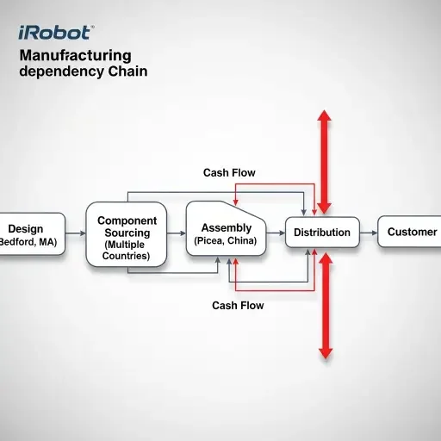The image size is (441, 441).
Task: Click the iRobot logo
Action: tap(55, 34)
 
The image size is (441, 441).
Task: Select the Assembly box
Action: tap(226, 233)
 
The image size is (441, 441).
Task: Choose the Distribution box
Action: tap(321, 233)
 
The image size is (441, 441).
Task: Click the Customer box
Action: tap(411, 233)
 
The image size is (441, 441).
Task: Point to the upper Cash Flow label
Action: tap(229, 172)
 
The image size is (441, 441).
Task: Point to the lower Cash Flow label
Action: tap(238, 306)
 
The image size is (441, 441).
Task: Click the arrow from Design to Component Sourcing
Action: tap(76, 233)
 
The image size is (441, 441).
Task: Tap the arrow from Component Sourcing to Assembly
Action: tap(176, 233)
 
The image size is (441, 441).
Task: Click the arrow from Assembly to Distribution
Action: tap(276, 233)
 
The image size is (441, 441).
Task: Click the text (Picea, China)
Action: tap(226, 242)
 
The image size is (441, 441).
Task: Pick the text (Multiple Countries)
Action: tap(126, 251)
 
